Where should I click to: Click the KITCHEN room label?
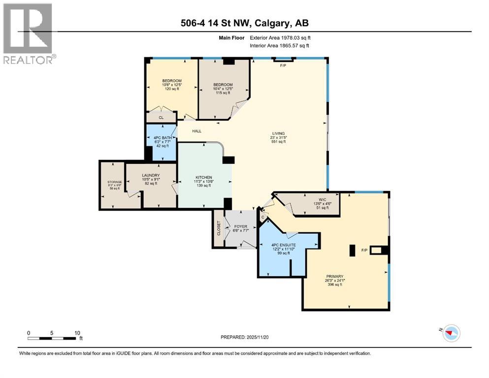[203, 177]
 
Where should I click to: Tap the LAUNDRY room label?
[152, 175]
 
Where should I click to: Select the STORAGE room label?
[115, 182]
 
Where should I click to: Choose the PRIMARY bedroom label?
[334, 277]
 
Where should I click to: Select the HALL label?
[197, 130]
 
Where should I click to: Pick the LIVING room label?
[279, 133]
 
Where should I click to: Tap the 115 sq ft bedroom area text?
[223, 93]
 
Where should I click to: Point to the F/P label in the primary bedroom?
[364, 251]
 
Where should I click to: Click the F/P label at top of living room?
[283, 65]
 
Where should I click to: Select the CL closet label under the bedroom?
[161, 118]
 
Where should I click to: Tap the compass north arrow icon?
[450, 333]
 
